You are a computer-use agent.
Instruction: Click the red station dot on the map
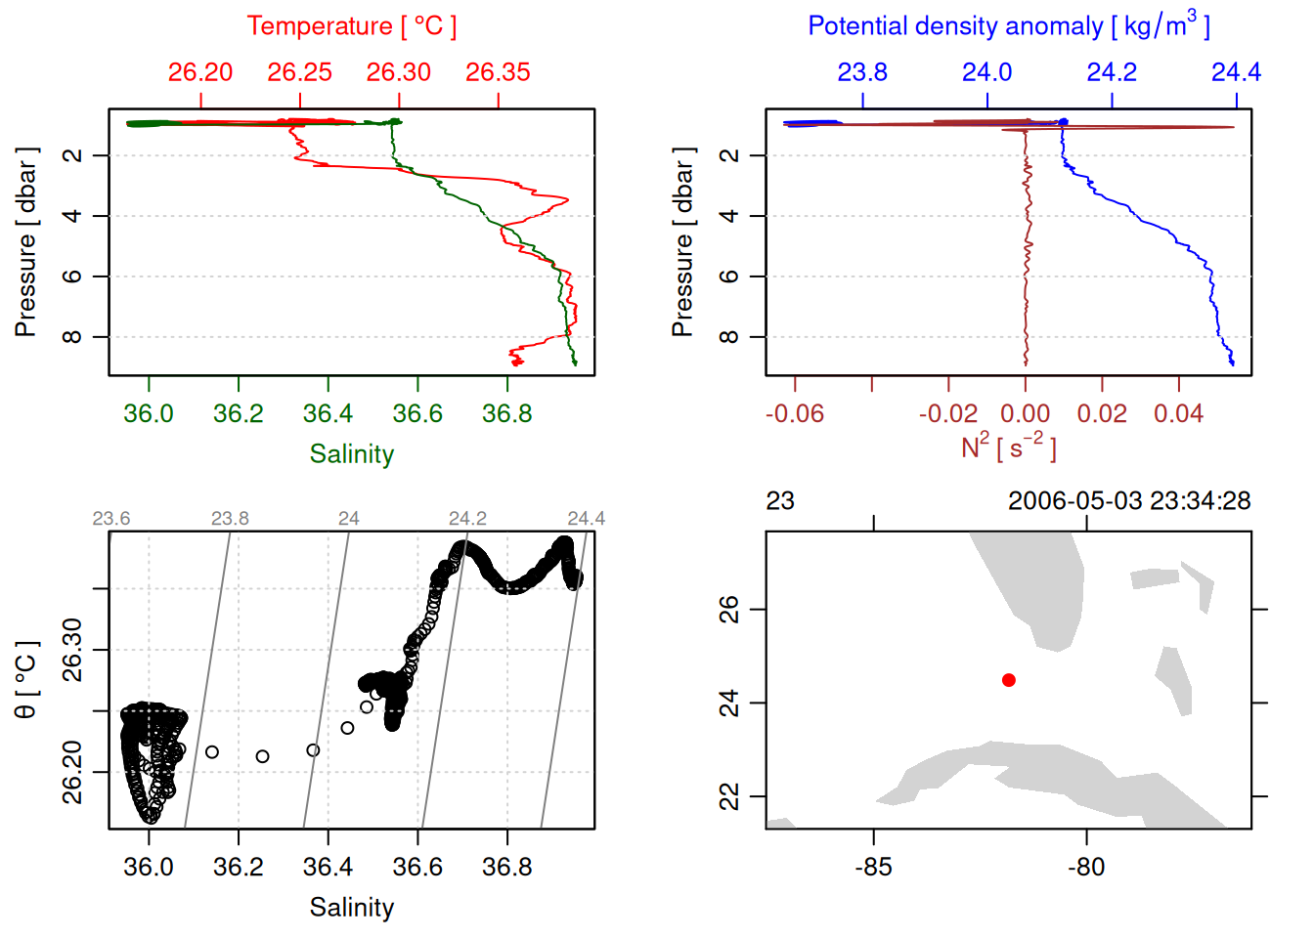point(1009,680)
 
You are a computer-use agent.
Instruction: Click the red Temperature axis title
point(351,26)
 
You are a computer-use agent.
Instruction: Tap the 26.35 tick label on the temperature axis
point(498,72)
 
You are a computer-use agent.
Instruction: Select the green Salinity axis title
point(352,454)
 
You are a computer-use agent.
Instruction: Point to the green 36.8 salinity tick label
point(506,414)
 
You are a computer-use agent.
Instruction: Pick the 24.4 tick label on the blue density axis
point(1236,72)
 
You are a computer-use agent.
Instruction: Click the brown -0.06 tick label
point(794,414)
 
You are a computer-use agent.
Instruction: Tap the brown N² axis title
point(1008,448)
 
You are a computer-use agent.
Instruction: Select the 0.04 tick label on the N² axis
point(1178,414)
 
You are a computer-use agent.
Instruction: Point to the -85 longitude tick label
point(873,868)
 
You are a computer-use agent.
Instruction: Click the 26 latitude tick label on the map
point(729,610)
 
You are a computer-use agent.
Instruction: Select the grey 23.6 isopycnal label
point(111,519)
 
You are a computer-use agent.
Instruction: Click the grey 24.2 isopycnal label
point(467,519)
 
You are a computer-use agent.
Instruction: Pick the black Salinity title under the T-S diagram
point(352,908)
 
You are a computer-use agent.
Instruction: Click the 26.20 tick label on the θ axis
point(72,772)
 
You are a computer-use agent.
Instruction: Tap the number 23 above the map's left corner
point(780,501)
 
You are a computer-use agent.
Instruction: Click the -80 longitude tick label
point(1086,868)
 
